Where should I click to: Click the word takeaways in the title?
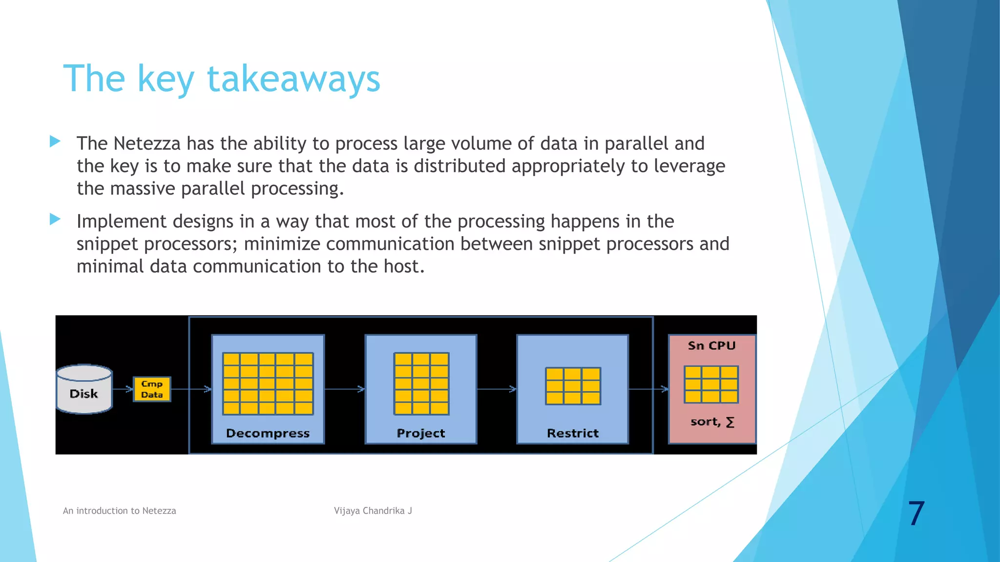[293, 79]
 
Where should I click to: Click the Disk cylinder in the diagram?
[84, 389]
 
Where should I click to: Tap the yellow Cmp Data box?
[152, 389]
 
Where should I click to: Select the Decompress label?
[268, 433]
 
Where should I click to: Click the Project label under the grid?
[420, 433]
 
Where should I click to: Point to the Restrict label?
[572, 433]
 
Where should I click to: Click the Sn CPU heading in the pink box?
[711, 346]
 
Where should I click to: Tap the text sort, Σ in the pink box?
[712, 422]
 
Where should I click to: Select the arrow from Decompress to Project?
[345, 389]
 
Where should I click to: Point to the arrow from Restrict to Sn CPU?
[648, 389]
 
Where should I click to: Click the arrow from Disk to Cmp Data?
[123, 389]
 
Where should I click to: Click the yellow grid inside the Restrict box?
[573, 386]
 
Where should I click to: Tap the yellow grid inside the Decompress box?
[268, 383]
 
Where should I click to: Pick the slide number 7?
[916, 513]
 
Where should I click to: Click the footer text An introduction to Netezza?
[119, 511]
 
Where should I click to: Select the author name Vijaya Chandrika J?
[373, 511]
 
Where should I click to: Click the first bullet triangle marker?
[55, 142]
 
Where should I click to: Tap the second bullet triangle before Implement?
[55, 220]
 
